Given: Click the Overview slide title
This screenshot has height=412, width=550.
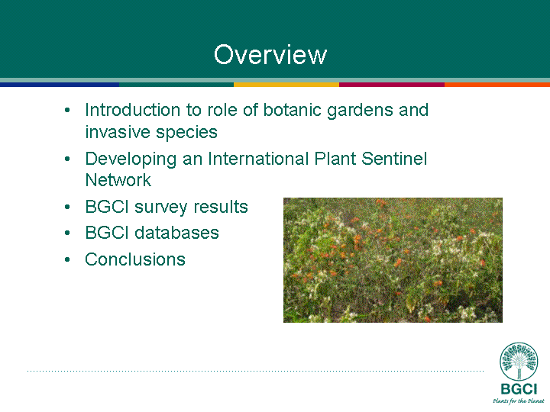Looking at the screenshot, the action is tap(270, 55).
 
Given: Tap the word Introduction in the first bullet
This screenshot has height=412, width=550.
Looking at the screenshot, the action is tap(133, 110).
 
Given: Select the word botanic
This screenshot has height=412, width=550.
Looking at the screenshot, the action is tap(292, 110).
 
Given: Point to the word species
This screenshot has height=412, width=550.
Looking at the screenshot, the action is tap(186, 133).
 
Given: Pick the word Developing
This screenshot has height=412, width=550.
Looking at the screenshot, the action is tap(131, 159).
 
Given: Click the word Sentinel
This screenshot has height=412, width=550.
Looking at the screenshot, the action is tap(394, 159).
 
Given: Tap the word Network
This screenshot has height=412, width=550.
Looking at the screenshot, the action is tap(118, 180).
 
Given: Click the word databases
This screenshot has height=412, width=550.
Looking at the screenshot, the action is tap(176, 233).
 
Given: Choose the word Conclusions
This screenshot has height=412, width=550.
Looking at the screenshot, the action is tap(135, 259).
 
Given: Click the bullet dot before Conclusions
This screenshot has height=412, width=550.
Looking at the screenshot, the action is tap(67, 259).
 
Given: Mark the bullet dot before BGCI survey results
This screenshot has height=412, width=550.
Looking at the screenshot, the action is tap(67, 207).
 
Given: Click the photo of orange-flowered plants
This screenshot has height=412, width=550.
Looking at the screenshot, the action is tap(393, 260).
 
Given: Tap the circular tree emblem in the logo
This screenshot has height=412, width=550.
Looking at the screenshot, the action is tap(519, 362).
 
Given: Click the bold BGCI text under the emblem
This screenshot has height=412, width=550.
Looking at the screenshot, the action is tap(519, 389).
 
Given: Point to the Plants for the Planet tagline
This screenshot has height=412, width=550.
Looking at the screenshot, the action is tap(519, 401).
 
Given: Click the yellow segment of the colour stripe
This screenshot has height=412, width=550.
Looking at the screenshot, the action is tap(286, 85).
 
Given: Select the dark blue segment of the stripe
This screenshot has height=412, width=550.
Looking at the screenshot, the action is tap(60, 85).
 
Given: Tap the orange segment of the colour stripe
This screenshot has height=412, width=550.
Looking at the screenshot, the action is tap(497, 85).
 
